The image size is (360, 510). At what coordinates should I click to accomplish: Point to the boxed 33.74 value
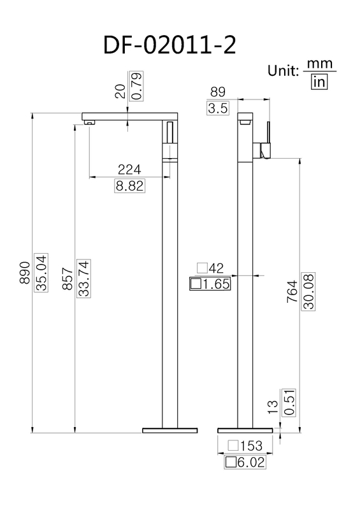tap(82, 279)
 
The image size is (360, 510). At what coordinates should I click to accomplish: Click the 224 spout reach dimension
tap(129, 170)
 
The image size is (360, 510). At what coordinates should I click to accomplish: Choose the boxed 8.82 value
tap(129, 186)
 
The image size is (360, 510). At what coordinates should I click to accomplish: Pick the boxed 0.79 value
tap(136, 86)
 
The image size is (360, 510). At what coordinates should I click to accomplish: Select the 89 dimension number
tap(218, 92)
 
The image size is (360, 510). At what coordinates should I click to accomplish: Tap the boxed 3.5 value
tap(218, 108)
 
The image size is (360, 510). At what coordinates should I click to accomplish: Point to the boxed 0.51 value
tap(291, 403)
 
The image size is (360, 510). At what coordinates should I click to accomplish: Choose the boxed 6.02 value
tap(245, 462)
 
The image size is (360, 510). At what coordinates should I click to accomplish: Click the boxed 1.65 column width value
tap(210, 284)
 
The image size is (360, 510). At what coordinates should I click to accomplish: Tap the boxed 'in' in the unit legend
tap(318, 82)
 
